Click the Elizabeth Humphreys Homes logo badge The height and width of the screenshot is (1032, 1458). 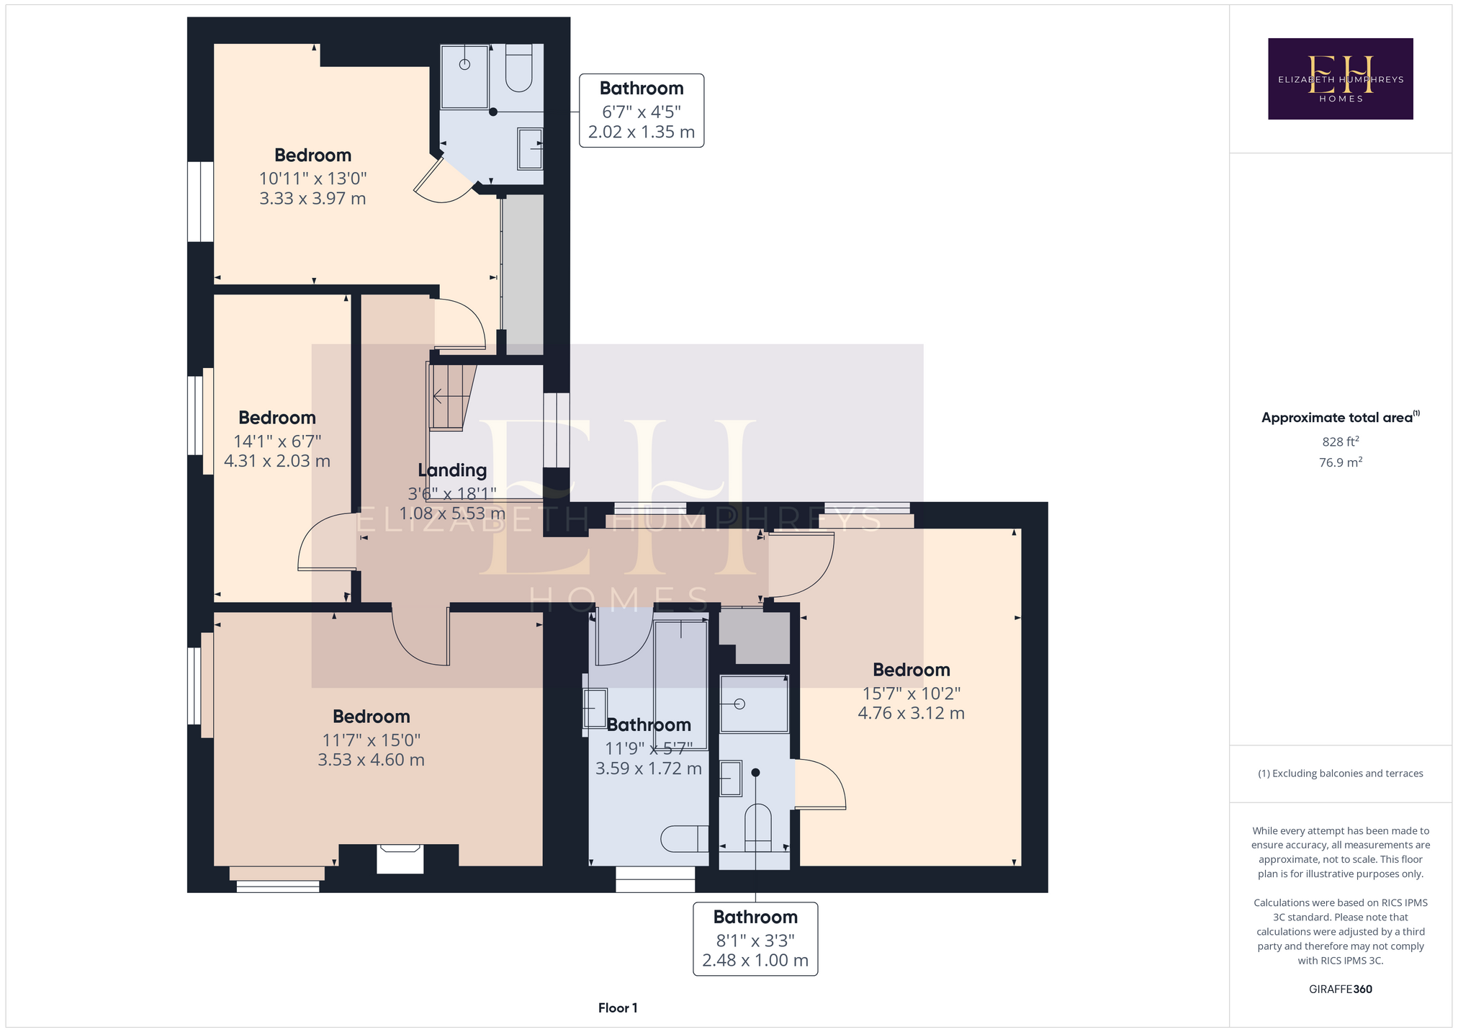[x=1340, y=78]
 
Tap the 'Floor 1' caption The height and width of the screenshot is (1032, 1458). [x=618, y=1008]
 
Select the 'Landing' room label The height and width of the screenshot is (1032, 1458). [x=452, y=470]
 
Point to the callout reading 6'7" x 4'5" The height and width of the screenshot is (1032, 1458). [x=642, y=111]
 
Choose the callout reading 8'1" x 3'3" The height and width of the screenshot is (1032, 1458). [x=755, y=939]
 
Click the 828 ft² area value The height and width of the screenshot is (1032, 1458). [x=1341, y=441]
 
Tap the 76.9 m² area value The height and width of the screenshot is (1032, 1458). [x=1341, y=462]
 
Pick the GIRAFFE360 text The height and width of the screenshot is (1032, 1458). [x=1341, y=989]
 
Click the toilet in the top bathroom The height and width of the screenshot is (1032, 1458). [x=518, y=68]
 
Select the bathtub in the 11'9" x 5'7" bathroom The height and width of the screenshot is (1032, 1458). [x=680, y=674]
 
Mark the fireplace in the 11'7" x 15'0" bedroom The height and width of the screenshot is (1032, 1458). [x=400, y=859]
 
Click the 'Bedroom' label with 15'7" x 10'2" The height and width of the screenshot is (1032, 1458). [x=912, y=670]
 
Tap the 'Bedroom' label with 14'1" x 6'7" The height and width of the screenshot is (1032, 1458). [x=277, y=418]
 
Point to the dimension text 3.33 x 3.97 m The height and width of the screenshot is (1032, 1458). [x=312, y=198]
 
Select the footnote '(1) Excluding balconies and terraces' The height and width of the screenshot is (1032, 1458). [x=1341, y=773]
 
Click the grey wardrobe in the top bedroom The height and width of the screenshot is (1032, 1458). [x=523, y=274]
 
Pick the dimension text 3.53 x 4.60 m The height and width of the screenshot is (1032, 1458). [x=371, y=760]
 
